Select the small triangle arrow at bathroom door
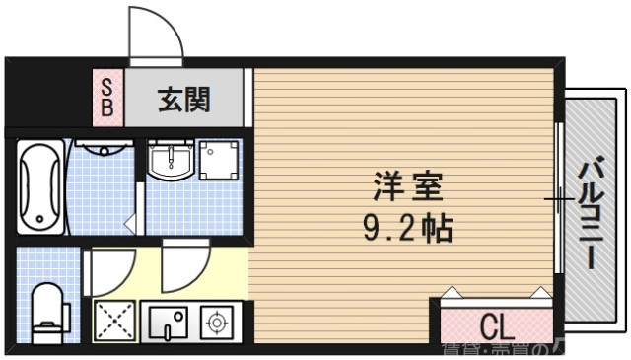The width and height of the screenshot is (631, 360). [130, 225]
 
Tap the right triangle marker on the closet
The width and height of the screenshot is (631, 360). [538, 292]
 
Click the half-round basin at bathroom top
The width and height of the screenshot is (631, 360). [103, 151]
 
